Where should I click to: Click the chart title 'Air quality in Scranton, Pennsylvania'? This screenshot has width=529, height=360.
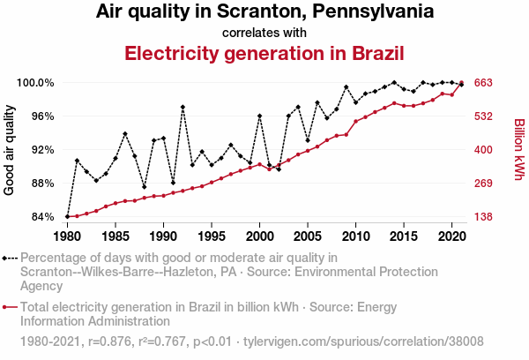click(264, 12)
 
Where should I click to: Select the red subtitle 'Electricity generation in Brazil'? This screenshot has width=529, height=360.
click(264, 52)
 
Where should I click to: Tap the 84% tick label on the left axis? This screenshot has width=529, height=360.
click(44, 217)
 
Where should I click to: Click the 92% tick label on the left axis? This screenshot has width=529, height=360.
click(44, 150)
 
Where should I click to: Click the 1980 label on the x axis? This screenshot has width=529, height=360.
click(67, 237)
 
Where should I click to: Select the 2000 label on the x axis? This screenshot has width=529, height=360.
click(259, 237)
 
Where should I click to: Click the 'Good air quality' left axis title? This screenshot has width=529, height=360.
click(10, 150)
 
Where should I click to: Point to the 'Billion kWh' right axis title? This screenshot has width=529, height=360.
click(518, 150)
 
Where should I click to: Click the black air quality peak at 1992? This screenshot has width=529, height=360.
click(183, 107)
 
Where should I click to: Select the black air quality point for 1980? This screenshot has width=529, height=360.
click(67, 217)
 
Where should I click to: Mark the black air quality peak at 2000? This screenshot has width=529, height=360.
click(259, 116)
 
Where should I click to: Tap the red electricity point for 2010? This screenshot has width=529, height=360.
click(355, 122)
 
